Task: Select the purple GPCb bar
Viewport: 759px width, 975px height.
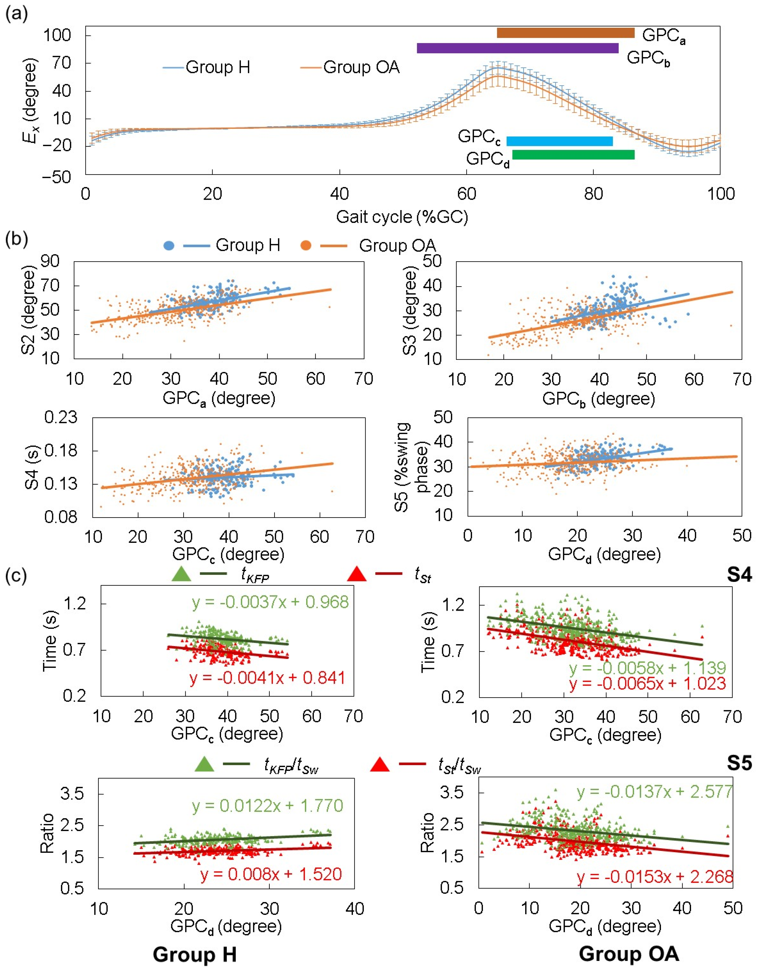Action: (517, 48)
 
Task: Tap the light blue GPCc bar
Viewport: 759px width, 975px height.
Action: (559, 141)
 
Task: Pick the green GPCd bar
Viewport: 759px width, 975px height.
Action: (573, 154)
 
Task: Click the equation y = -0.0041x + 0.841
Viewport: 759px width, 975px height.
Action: (267, 678)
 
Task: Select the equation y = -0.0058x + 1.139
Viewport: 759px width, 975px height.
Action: (647, 668)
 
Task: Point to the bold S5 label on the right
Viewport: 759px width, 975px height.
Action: (739, 764)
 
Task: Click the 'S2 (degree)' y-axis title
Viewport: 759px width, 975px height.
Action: (29, 310)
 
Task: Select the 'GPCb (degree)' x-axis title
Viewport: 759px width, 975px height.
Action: (599, 399)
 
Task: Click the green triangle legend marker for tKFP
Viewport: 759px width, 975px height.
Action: (181, 574)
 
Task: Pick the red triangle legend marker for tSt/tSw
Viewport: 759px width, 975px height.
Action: (380, 765)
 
